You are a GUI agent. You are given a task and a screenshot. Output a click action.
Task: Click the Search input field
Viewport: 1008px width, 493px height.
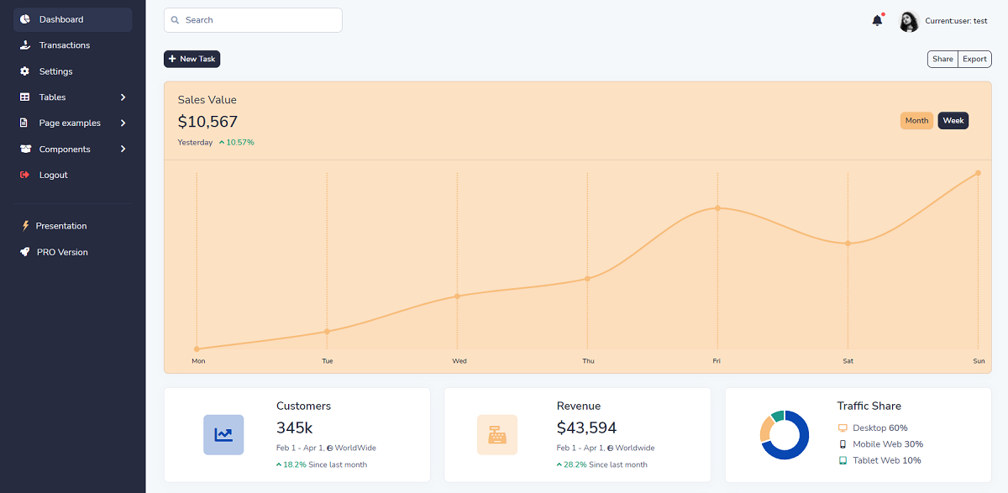[253, 20]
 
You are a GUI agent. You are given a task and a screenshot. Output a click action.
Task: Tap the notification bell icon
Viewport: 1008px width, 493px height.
[877, 20]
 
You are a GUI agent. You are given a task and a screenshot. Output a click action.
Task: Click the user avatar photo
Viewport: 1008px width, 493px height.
[909, 21]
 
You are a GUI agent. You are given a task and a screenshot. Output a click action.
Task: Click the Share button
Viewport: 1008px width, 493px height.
[942, 59]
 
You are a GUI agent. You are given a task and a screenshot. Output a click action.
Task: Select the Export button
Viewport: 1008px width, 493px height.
[974, 59]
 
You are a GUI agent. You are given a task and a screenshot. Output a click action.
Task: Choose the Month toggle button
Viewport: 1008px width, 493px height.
[916, 121]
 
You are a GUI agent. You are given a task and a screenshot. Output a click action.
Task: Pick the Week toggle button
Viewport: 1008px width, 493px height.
[953, 121]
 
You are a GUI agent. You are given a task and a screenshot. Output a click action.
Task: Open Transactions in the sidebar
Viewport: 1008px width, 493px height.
[64, 45]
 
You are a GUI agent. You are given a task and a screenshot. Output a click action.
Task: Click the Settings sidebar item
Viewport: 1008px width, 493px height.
[55, 71]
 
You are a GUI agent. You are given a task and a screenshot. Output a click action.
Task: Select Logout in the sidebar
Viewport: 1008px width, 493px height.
[53, 175]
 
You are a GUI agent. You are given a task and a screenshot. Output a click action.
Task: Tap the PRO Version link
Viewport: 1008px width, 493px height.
[62, 252]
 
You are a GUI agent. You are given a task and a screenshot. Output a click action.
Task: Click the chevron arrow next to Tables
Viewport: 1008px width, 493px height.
[123, 97]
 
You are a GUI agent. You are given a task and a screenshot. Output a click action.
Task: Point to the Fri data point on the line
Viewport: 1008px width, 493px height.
[717, 207]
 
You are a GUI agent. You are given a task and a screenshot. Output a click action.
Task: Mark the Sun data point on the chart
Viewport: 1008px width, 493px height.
[978, 173]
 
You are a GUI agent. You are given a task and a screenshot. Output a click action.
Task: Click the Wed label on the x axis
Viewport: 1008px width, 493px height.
[459, 361]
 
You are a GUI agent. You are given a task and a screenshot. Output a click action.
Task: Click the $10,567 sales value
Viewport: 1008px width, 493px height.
[207, 122]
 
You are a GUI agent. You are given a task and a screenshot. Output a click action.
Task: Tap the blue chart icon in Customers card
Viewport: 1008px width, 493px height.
[223, 434]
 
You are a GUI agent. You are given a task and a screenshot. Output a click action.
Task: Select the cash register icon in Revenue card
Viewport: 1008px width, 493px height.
[496, 434]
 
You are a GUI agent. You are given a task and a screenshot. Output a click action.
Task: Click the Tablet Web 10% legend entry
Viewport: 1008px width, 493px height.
[886, 460]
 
